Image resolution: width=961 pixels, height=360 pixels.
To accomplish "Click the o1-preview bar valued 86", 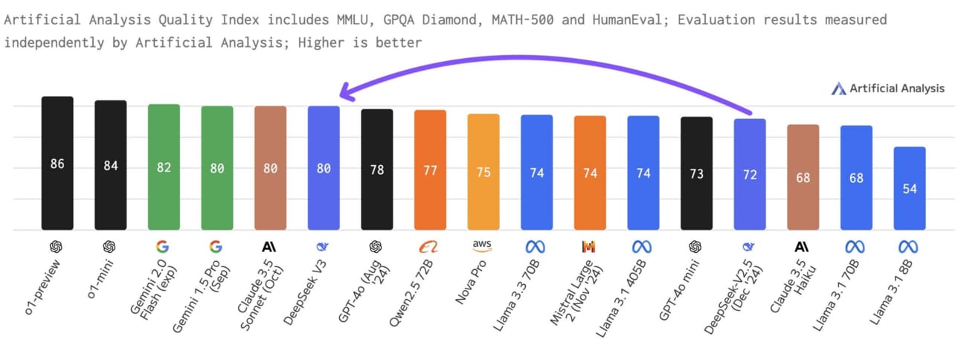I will click(57, 164).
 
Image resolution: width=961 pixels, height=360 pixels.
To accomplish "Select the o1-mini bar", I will click(111, 165).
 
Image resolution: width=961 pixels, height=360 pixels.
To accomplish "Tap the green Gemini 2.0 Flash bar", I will click(164, 167).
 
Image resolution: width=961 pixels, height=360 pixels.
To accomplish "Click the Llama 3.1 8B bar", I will click(910, 188).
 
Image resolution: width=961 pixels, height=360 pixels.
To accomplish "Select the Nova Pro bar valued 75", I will click(483, 172).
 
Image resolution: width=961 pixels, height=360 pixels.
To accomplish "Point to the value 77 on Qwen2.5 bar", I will click(430, 171).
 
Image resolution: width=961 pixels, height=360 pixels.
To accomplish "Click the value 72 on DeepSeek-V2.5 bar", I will click(750, 174).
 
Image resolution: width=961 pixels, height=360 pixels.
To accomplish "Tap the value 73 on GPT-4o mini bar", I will click(696, 173).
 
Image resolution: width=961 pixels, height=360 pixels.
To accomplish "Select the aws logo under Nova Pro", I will click(483, 245).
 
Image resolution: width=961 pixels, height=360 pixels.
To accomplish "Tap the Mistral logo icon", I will click(590, 246).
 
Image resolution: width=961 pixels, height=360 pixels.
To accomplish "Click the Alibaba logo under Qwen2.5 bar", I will click(430, 245).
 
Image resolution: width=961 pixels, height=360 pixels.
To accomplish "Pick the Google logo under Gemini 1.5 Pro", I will click(216, 246).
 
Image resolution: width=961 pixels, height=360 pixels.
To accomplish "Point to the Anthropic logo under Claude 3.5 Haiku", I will click(803, 246).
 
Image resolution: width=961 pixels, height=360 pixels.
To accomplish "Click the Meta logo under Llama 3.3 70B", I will click(536, 246).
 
